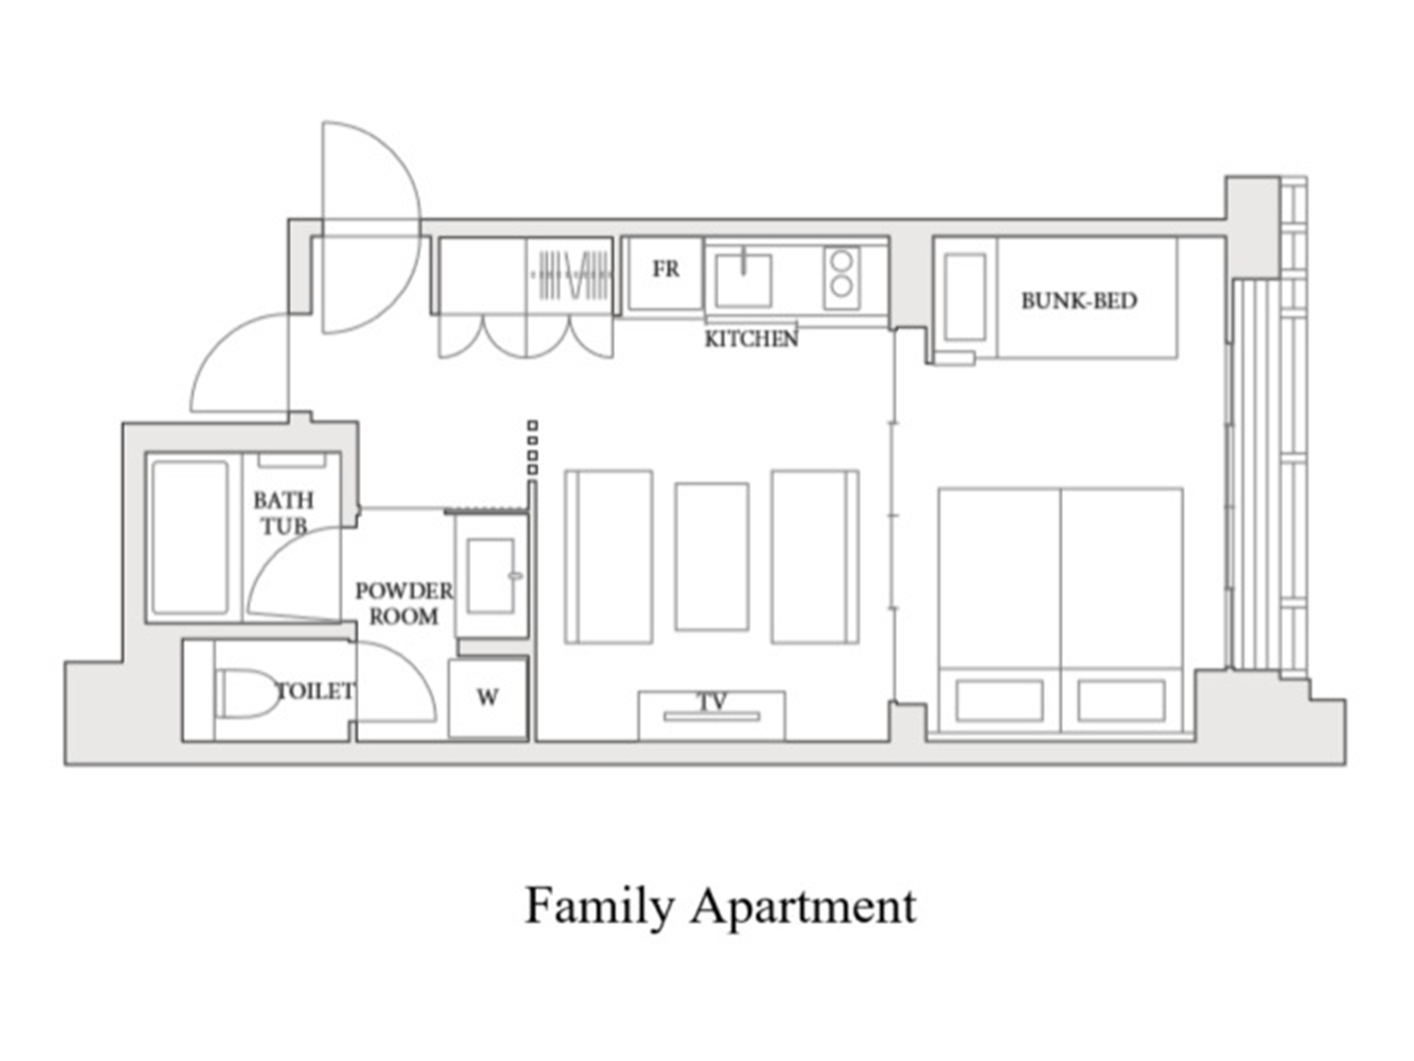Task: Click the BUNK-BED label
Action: tap(1079, 301)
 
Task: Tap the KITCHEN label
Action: tap(751, 339)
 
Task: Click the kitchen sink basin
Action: tap(743, 280)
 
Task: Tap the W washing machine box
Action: tap(488, 698)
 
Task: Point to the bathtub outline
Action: tap(190, 537)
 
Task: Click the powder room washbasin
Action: tap(490, 575)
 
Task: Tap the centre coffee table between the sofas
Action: tap(712, 556)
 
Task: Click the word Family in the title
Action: tap(600, 906)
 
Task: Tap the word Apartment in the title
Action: tap(804, 906)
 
